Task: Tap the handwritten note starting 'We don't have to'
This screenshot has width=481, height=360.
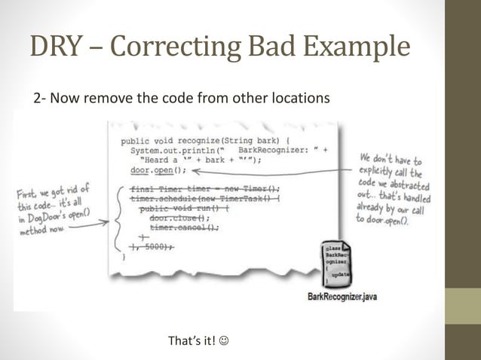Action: click(x=391, y=188)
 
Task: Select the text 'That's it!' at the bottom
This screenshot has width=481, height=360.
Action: click(x=191, y=342)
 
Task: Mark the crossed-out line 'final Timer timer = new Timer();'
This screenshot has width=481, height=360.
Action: click(x=204, y=189)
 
